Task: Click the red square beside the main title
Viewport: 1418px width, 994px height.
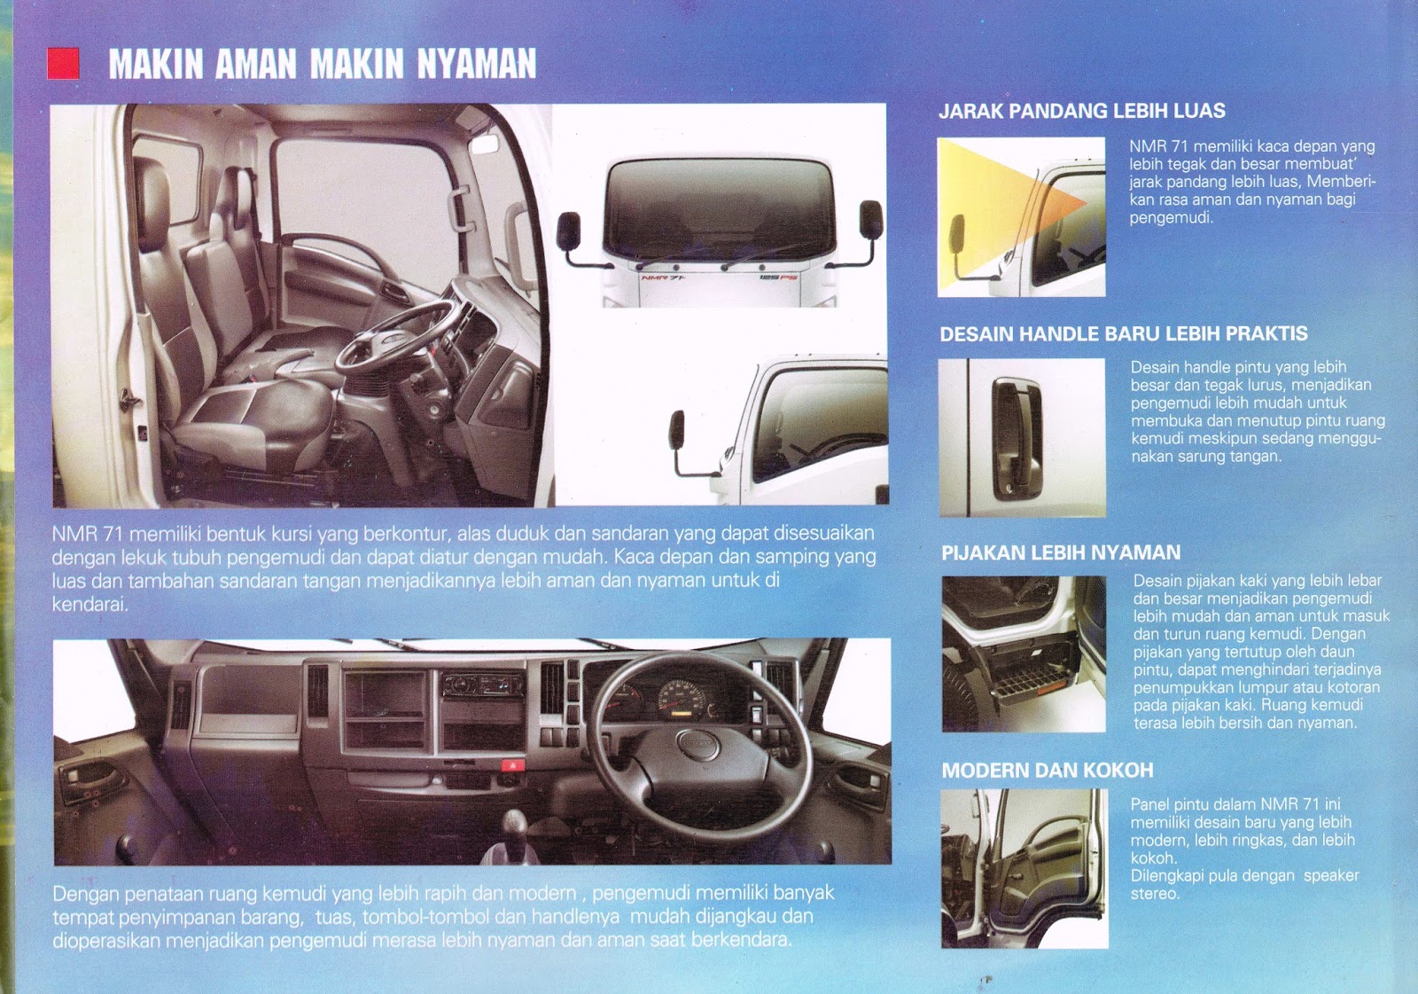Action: tap(63, 63)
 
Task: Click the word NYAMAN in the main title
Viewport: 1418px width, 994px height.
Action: tap(476, 64)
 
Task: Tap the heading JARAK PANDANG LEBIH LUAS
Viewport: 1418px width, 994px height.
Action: tap(1082, 111)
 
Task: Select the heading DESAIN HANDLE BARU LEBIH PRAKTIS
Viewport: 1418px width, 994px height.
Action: tap(1124, 334)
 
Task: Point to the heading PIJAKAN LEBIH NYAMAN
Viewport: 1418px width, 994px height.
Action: tap(1061, 552)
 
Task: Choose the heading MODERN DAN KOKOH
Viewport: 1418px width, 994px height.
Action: tap(1048, 771)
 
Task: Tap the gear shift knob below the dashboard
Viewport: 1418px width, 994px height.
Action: tap(514, 822)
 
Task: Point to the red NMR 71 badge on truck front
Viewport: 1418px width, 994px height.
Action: tap(663, 278)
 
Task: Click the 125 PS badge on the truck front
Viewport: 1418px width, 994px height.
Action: tap(779, 278)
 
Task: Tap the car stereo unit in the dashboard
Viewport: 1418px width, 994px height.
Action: tap(483, 685)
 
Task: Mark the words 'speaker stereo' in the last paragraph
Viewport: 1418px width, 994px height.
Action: tap(1245, 884)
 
